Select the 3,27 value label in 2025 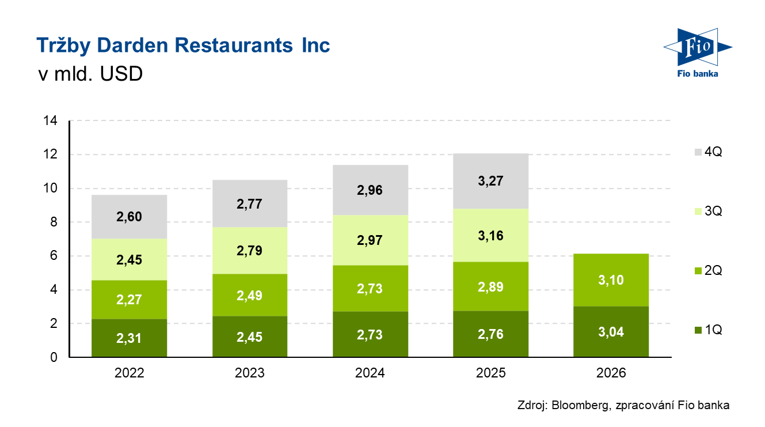point(490,181)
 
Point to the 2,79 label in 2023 point(249,251)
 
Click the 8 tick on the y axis point(52,222)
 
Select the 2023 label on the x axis point(249,373)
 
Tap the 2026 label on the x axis point(611,373)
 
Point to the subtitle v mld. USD point(89,74)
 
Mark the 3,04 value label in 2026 point(611,332)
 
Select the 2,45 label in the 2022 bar point(129,260)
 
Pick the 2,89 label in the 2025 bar point(490,287)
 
